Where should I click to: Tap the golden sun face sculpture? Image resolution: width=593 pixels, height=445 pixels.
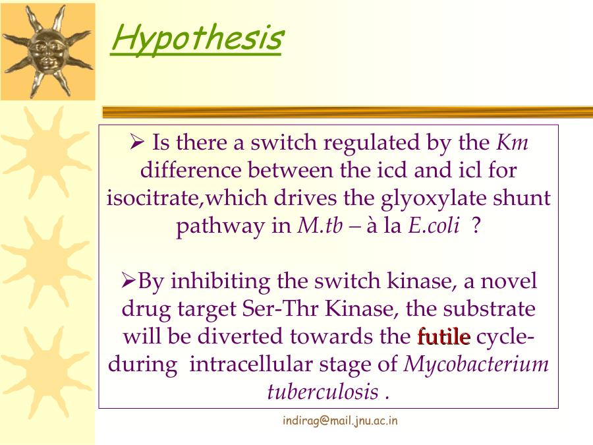coord(48,51)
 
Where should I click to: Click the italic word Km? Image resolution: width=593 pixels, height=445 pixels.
coord(512,142)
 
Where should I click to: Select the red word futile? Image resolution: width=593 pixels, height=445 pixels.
coord(444,336)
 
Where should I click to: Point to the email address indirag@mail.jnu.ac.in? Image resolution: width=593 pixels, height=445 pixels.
coord(340,421)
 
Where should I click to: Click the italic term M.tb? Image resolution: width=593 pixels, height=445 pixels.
coord(320,226)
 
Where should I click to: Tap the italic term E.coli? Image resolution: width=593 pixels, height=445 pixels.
coord(434,226)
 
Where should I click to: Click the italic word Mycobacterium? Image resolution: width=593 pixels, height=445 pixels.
coord(476,365)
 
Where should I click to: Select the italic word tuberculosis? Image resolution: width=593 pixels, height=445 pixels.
coord(323,392)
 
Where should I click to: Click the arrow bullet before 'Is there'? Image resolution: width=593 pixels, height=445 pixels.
coord(137,142)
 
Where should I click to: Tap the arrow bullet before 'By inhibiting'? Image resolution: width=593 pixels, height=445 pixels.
coord(128,281)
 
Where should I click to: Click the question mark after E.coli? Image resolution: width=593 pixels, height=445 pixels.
coord(476,226)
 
